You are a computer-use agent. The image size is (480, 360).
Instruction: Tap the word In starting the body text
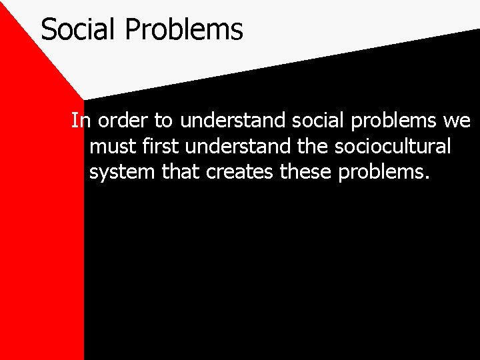(x=81, y=121)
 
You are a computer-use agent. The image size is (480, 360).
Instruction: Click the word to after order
(x=163, y=121)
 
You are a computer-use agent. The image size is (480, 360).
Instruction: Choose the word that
(x=181, y=171)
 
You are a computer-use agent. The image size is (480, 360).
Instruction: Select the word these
(x=307, y=171)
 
